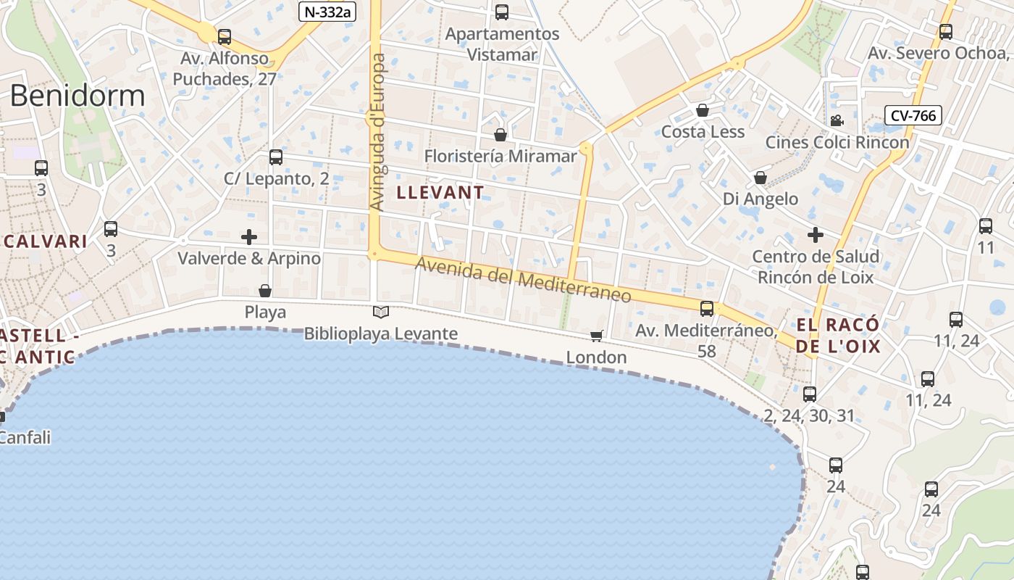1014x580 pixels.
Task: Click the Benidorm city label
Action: click(x=77, y=96)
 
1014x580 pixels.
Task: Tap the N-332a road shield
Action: click(x=327, y=11)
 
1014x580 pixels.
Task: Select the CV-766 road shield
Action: click(x=913, y=115)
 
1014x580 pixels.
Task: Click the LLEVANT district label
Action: click(x=440, y=192)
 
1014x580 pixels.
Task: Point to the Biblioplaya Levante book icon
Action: click(x=381, y=312)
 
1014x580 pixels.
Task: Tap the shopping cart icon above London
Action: click(x=596, y=336)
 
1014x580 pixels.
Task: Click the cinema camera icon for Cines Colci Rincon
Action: click(x=837, y=120)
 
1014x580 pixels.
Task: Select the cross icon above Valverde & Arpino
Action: click(x=249, y=237)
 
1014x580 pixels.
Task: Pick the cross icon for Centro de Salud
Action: click(x=816, y=235)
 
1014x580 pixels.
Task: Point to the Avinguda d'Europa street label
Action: click(x=378, y=132)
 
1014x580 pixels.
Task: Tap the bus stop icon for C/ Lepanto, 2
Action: click(x=275, y=157)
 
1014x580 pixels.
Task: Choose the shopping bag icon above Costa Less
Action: click(x=702, y=110)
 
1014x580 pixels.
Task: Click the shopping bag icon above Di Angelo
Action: click(x=760, y=178)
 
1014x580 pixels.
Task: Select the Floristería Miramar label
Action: click(x=500, y=156)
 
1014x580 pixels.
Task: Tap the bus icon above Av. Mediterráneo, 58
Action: click(x=707, y=309)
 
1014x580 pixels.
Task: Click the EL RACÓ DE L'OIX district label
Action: click(x=838, y=335)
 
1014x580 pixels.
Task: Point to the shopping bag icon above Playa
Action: click(x=265, y=291)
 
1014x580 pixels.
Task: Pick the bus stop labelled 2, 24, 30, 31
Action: click(x=810, y=394)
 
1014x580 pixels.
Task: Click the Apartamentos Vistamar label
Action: click(x=502, y=43)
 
